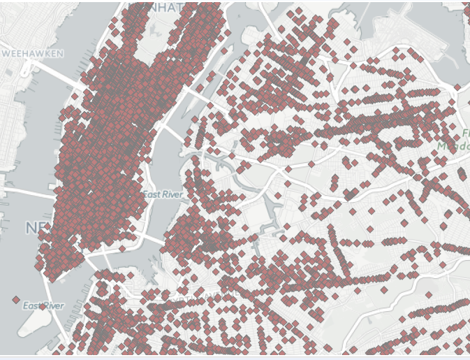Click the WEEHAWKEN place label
pos(33,53)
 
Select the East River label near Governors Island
pos(43,305)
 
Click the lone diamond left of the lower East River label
pos(16,300)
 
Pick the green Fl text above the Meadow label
pos(465,133)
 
